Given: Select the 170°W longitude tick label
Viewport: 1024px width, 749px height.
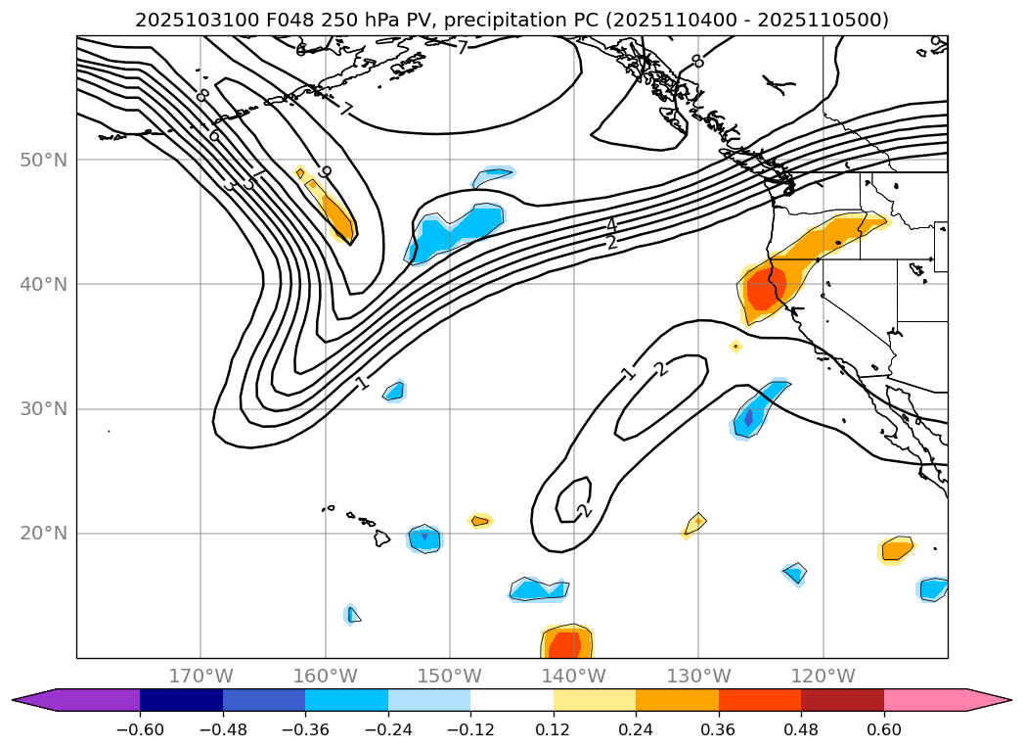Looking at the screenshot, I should coord(200,676).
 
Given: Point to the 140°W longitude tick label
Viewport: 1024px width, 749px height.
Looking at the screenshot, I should coord(573,676).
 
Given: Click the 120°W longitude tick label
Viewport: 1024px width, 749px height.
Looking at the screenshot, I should coord(823,676).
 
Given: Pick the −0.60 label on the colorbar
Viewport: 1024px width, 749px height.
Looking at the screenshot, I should coord(140,730).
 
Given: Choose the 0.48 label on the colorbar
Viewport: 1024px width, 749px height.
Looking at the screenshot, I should coord(801,730).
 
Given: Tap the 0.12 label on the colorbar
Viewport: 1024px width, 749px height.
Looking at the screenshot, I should coord(553,730).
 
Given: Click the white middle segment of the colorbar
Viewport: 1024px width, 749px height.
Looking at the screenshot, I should coord(512,699).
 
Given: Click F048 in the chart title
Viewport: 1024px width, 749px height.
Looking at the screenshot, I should coord(276,20).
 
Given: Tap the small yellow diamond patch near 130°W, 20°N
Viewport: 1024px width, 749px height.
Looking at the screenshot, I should coord(694,525).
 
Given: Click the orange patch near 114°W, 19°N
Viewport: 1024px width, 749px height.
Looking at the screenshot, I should coord(896,549).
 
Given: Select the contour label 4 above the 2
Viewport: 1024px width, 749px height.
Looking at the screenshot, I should coord(611,225).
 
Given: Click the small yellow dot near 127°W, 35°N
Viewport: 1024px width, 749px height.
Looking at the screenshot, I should coord(735,346).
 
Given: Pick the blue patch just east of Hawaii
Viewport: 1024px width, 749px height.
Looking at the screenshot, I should coord(424,538).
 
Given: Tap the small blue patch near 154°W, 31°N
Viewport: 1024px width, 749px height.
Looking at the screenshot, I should coord(393,392).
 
